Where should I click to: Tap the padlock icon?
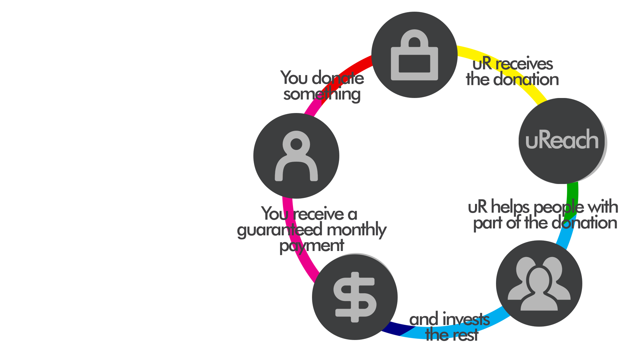pos(414,55)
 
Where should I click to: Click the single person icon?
pos(296,156)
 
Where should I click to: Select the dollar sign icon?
pos(355,297)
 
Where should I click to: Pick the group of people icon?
pos(539,283)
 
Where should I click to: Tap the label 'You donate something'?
pos(322,86)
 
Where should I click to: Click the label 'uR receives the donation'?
pos(513,71)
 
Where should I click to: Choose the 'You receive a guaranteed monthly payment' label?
pos(312,230)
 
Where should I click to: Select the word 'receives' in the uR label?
pos(524,64)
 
